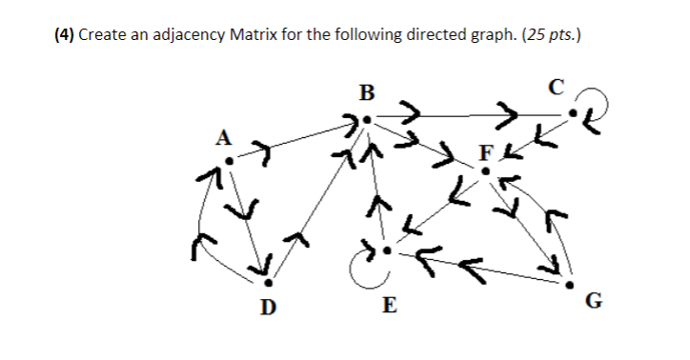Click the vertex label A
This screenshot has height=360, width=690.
224,136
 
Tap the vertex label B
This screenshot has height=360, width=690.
367,93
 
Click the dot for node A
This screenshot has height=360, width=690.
229,159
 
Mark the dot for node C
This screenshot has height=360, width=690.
573,116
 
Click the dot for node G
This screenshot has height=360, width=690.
570,284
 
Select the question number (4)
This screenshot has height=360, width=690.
61,35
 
